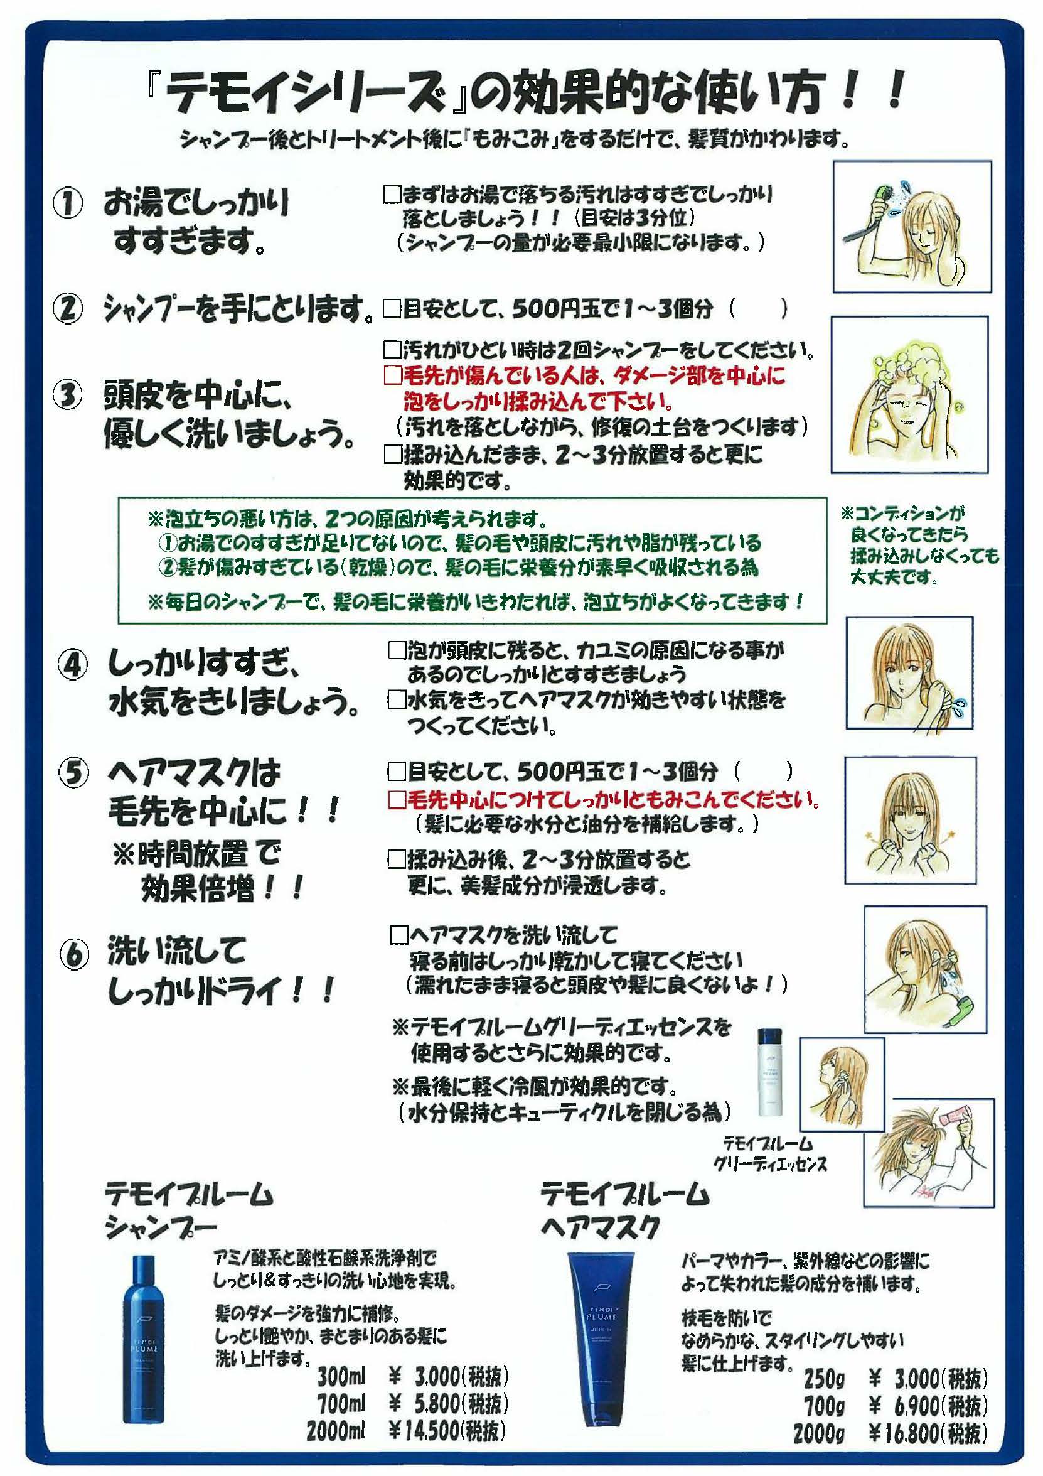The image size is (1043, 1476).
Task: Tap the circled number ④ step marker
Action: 73,666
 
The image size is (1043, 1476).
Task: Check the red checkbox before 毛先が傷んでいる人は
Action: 392,375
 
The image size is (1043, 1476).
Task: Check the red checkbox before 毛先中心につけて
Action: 397,800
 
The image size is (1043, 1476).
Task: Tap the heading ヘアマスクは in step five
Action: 193,772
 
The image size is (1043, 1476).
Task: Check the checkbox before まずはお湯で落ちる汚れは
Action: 392,193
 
